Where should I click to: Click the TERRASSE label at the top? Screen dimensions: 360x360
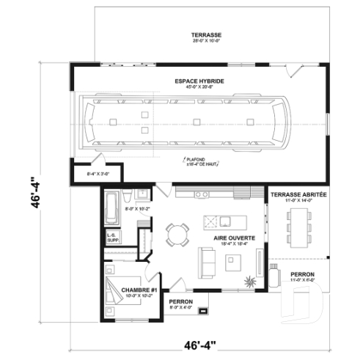pyautogui.click(x=206, y=35)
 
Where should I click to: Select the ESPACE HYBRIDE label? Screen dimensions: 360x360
pyautogui.click(x=199, y=81)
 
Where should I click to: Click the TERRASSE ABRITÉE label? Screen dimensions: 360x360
pyautogui.click(x=298, y=195)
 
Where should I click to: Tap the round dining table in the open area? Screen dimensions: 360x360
pyautogui.click(x=177, y=235)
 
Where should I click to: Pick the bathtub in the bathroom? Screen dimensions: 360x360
pyautogui.click(x=111, y=207)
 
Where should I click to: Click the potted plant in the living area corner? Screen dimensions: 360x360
pyautogui.click(x=251, y=281)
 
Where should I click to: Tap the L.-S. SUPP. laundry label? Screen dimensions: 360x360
pyautogui.click(x=113, y=237)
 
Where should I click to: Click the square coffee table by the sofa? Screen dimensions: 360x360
pyautogui.click(x=235, y=260)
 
